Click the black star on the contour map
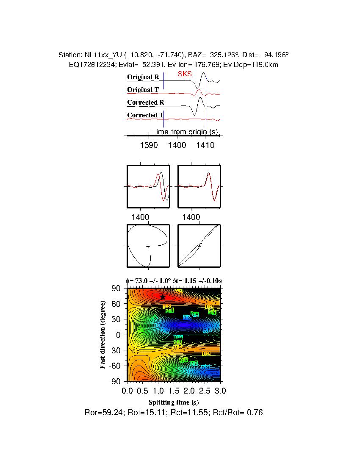coord(162,297)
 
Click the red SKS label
coord(185,74)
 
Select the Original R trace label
coord(143,78)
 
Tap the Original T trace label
coord(143,90)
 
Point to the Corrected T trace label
coord(145,115)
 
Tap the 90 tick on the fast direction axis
coord(117,288)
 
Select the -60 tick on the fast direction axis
coord(115,366)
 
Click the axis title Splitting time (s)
coord(174,402)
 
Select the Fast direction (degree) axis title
coord(103,335)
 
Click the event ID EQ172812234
coord(89,64)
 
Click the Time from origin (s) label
coord(185,132)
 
